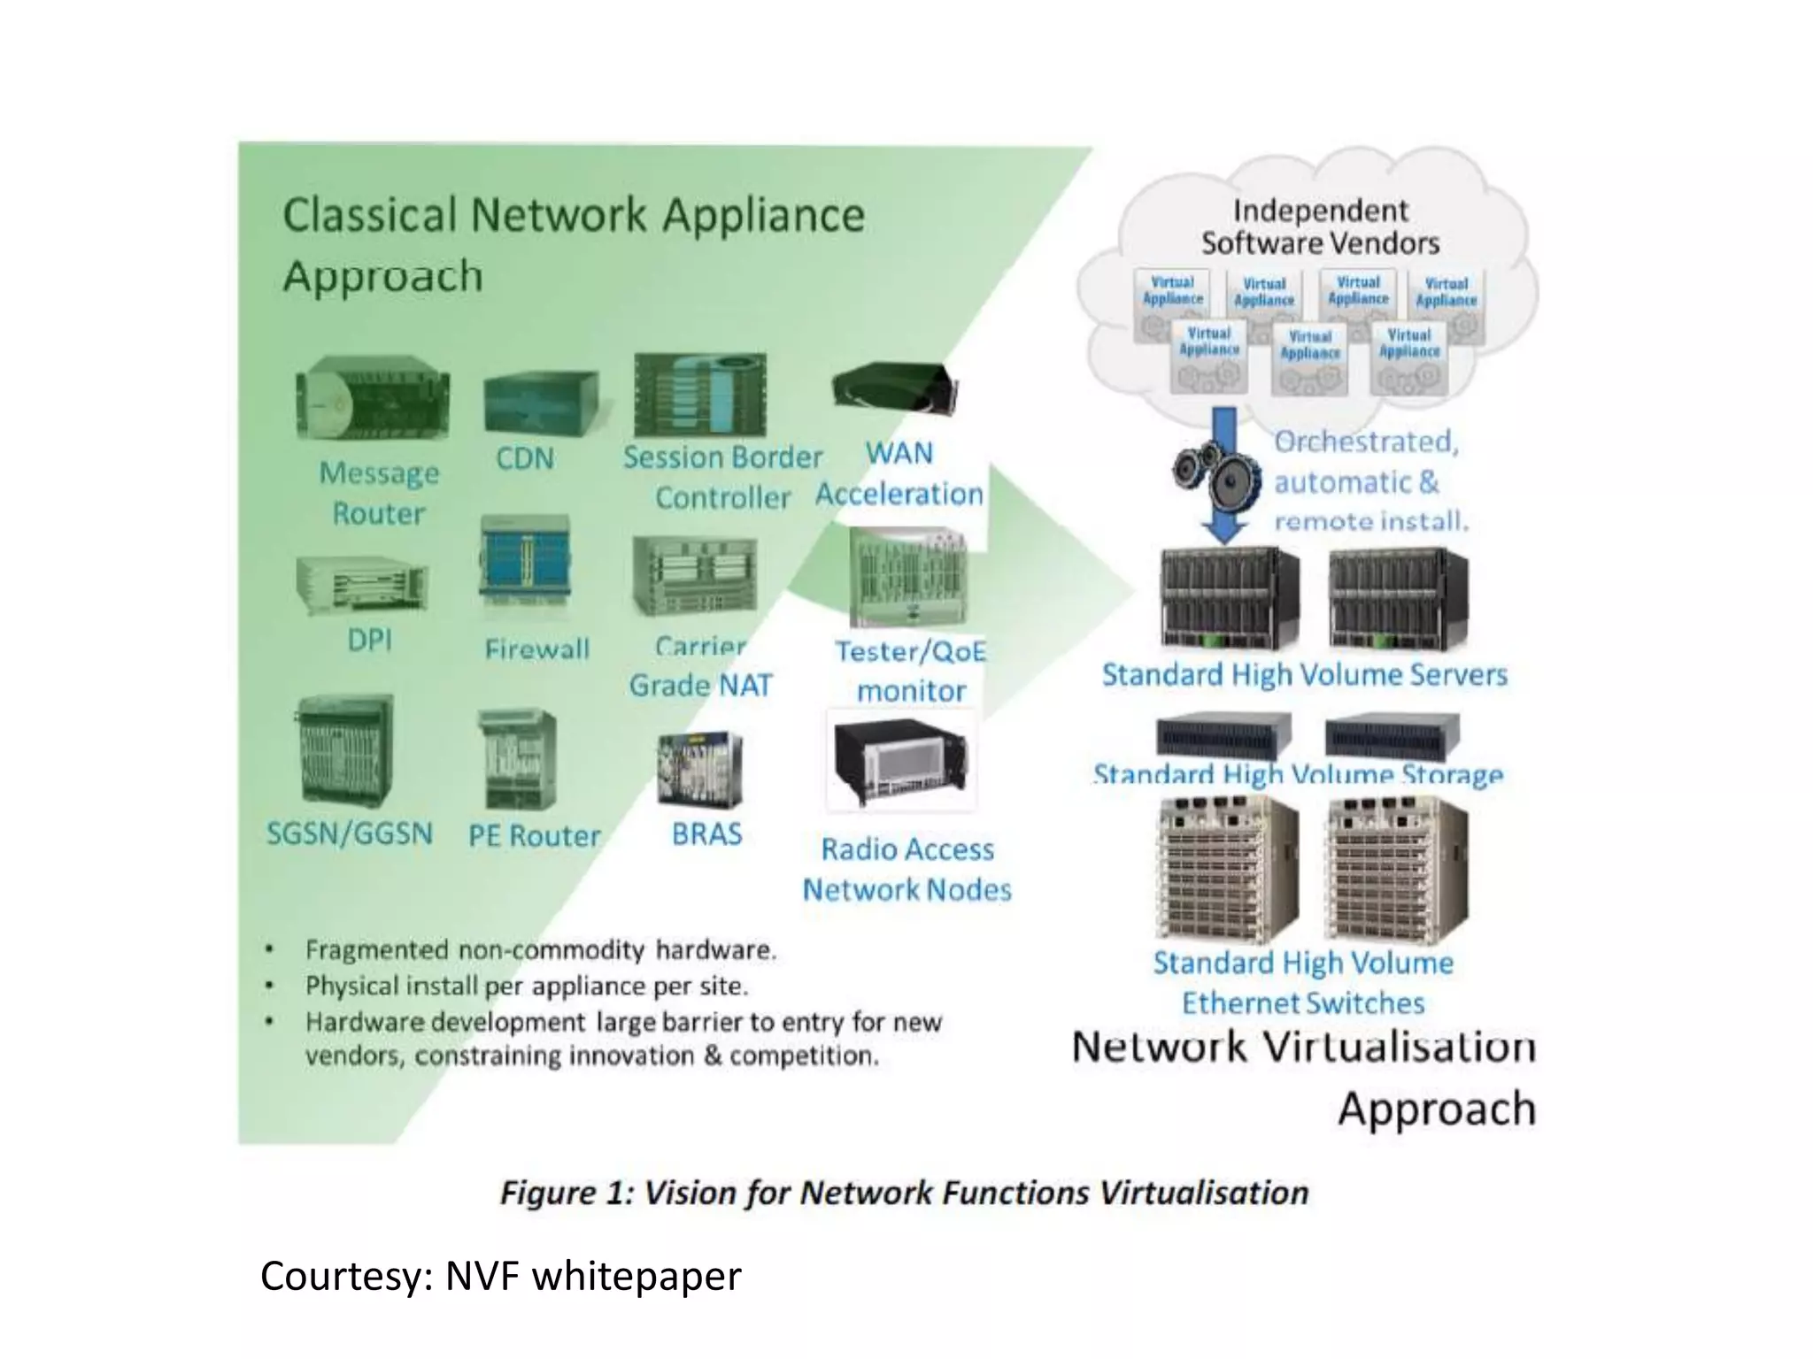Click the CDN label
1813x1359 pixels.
(x=524, y=458)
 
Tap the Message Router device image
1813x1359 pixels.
(x=372, y=401)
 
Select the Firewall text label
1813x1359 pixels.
(x=536, y=649)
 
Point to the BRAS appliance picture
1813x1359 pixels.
(x=699, y=769)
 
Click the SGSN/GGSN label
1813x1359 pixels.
(x=350, y=833)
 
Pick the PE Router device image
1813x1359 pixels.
(x=517, y=760)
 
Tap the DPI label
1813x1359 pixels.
(x=369, y=640)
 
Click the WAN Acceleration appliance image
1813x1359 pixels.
(x=894, y=388)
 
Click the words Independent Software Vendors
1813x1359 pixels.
(x=1319, y=226)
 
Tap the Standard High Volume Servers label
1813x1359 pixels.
(x=1304, y=675)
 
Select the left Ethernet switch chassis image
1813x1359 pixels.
(x=1227, y=867)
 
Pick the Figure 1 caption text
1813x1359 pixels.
(x=904, y=1193)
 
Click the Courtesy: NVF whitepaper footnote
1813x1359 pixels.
(x=500, y=1276)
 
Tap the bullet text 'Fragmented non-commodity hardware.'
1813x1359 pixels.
(x=540, y=950)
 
